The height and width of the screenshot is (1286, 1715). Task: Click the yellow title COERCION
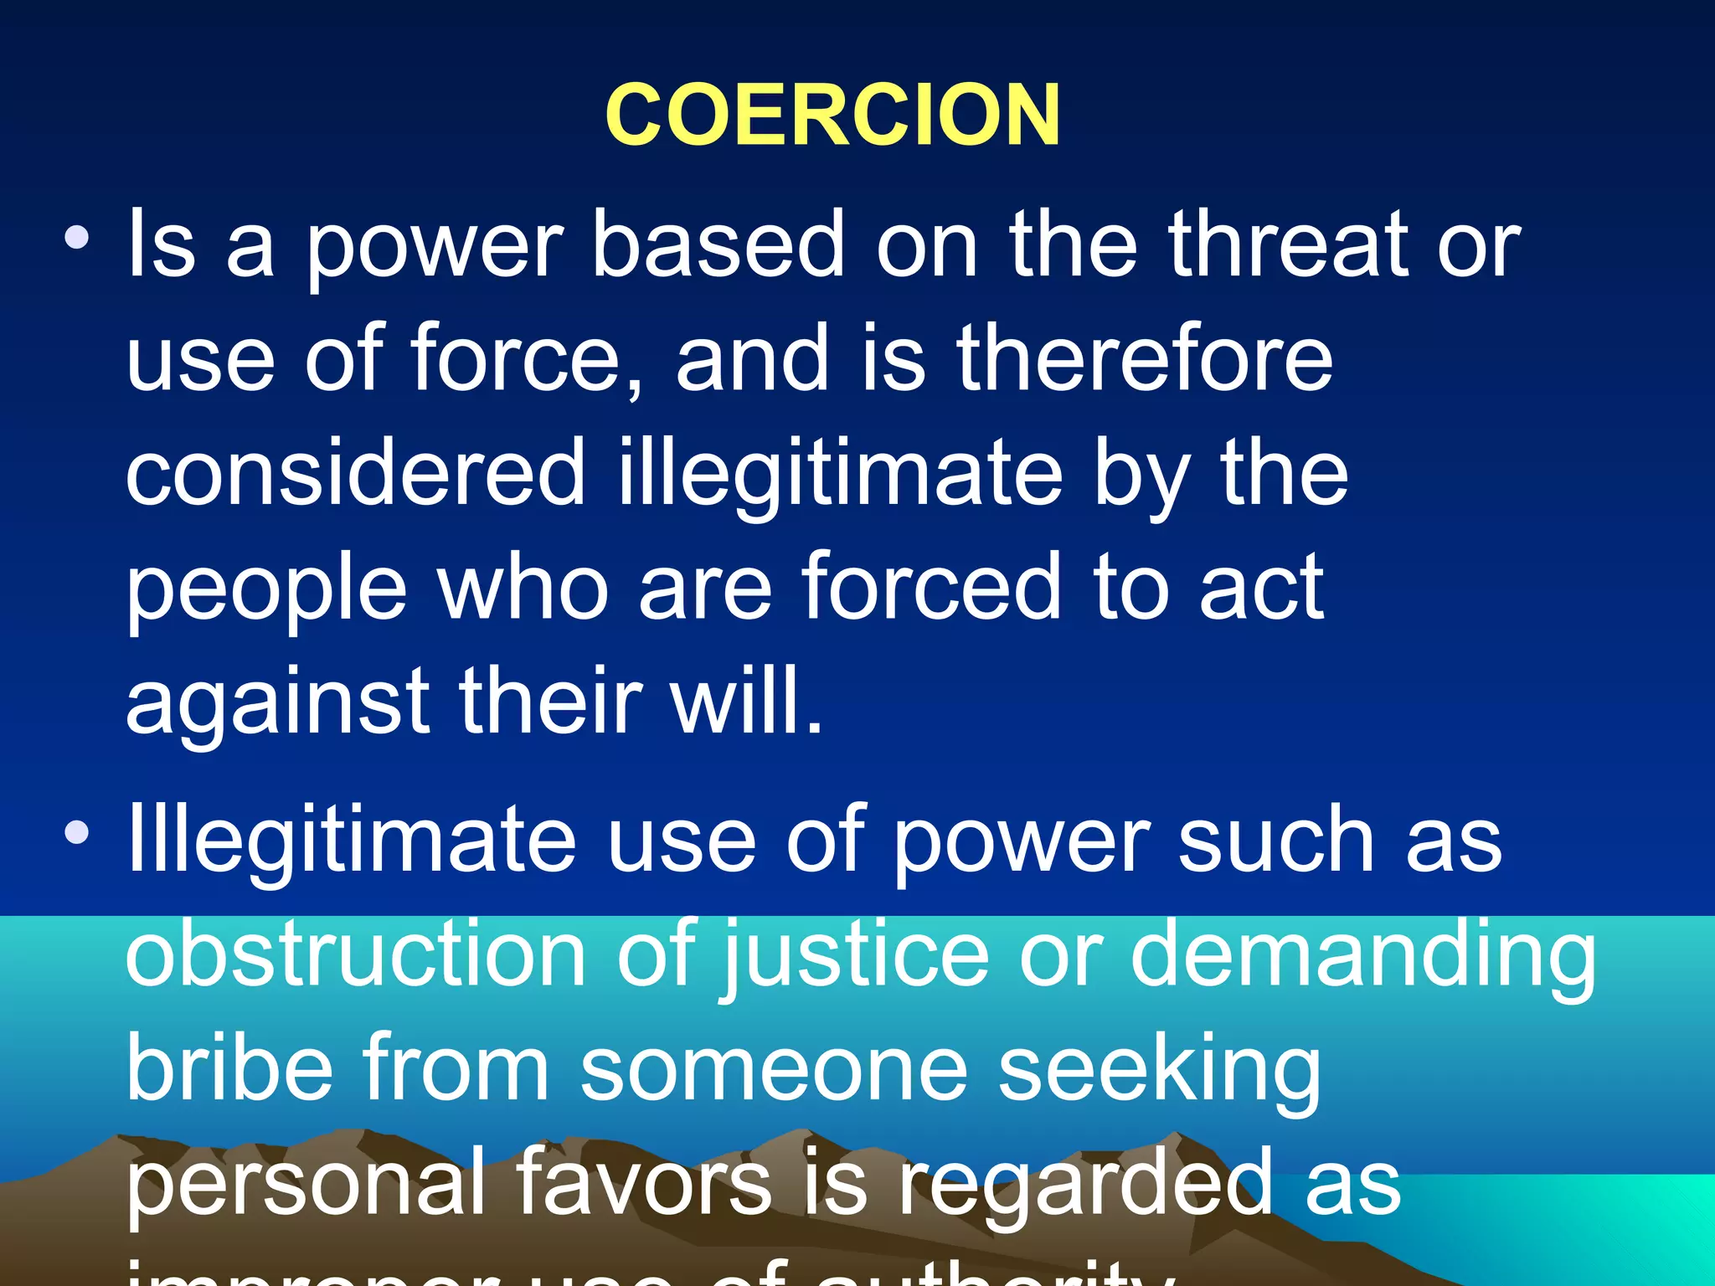(832, 115)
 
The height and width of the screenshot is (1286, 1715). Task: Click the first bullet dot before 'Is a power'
(77, 239)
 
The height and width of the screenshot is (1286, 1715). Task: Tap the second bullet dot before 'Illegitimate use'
(77, 832)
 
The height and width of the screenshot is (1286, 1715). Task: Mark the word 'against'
(276, 703)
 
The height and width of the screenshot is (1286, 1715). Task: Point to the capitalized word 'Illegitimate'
(351, 841)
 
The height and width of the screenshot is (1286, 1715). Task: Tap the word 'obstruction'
(355, 954)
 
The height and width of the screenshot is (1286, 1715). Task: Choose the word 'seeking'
(1159, 1070)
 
